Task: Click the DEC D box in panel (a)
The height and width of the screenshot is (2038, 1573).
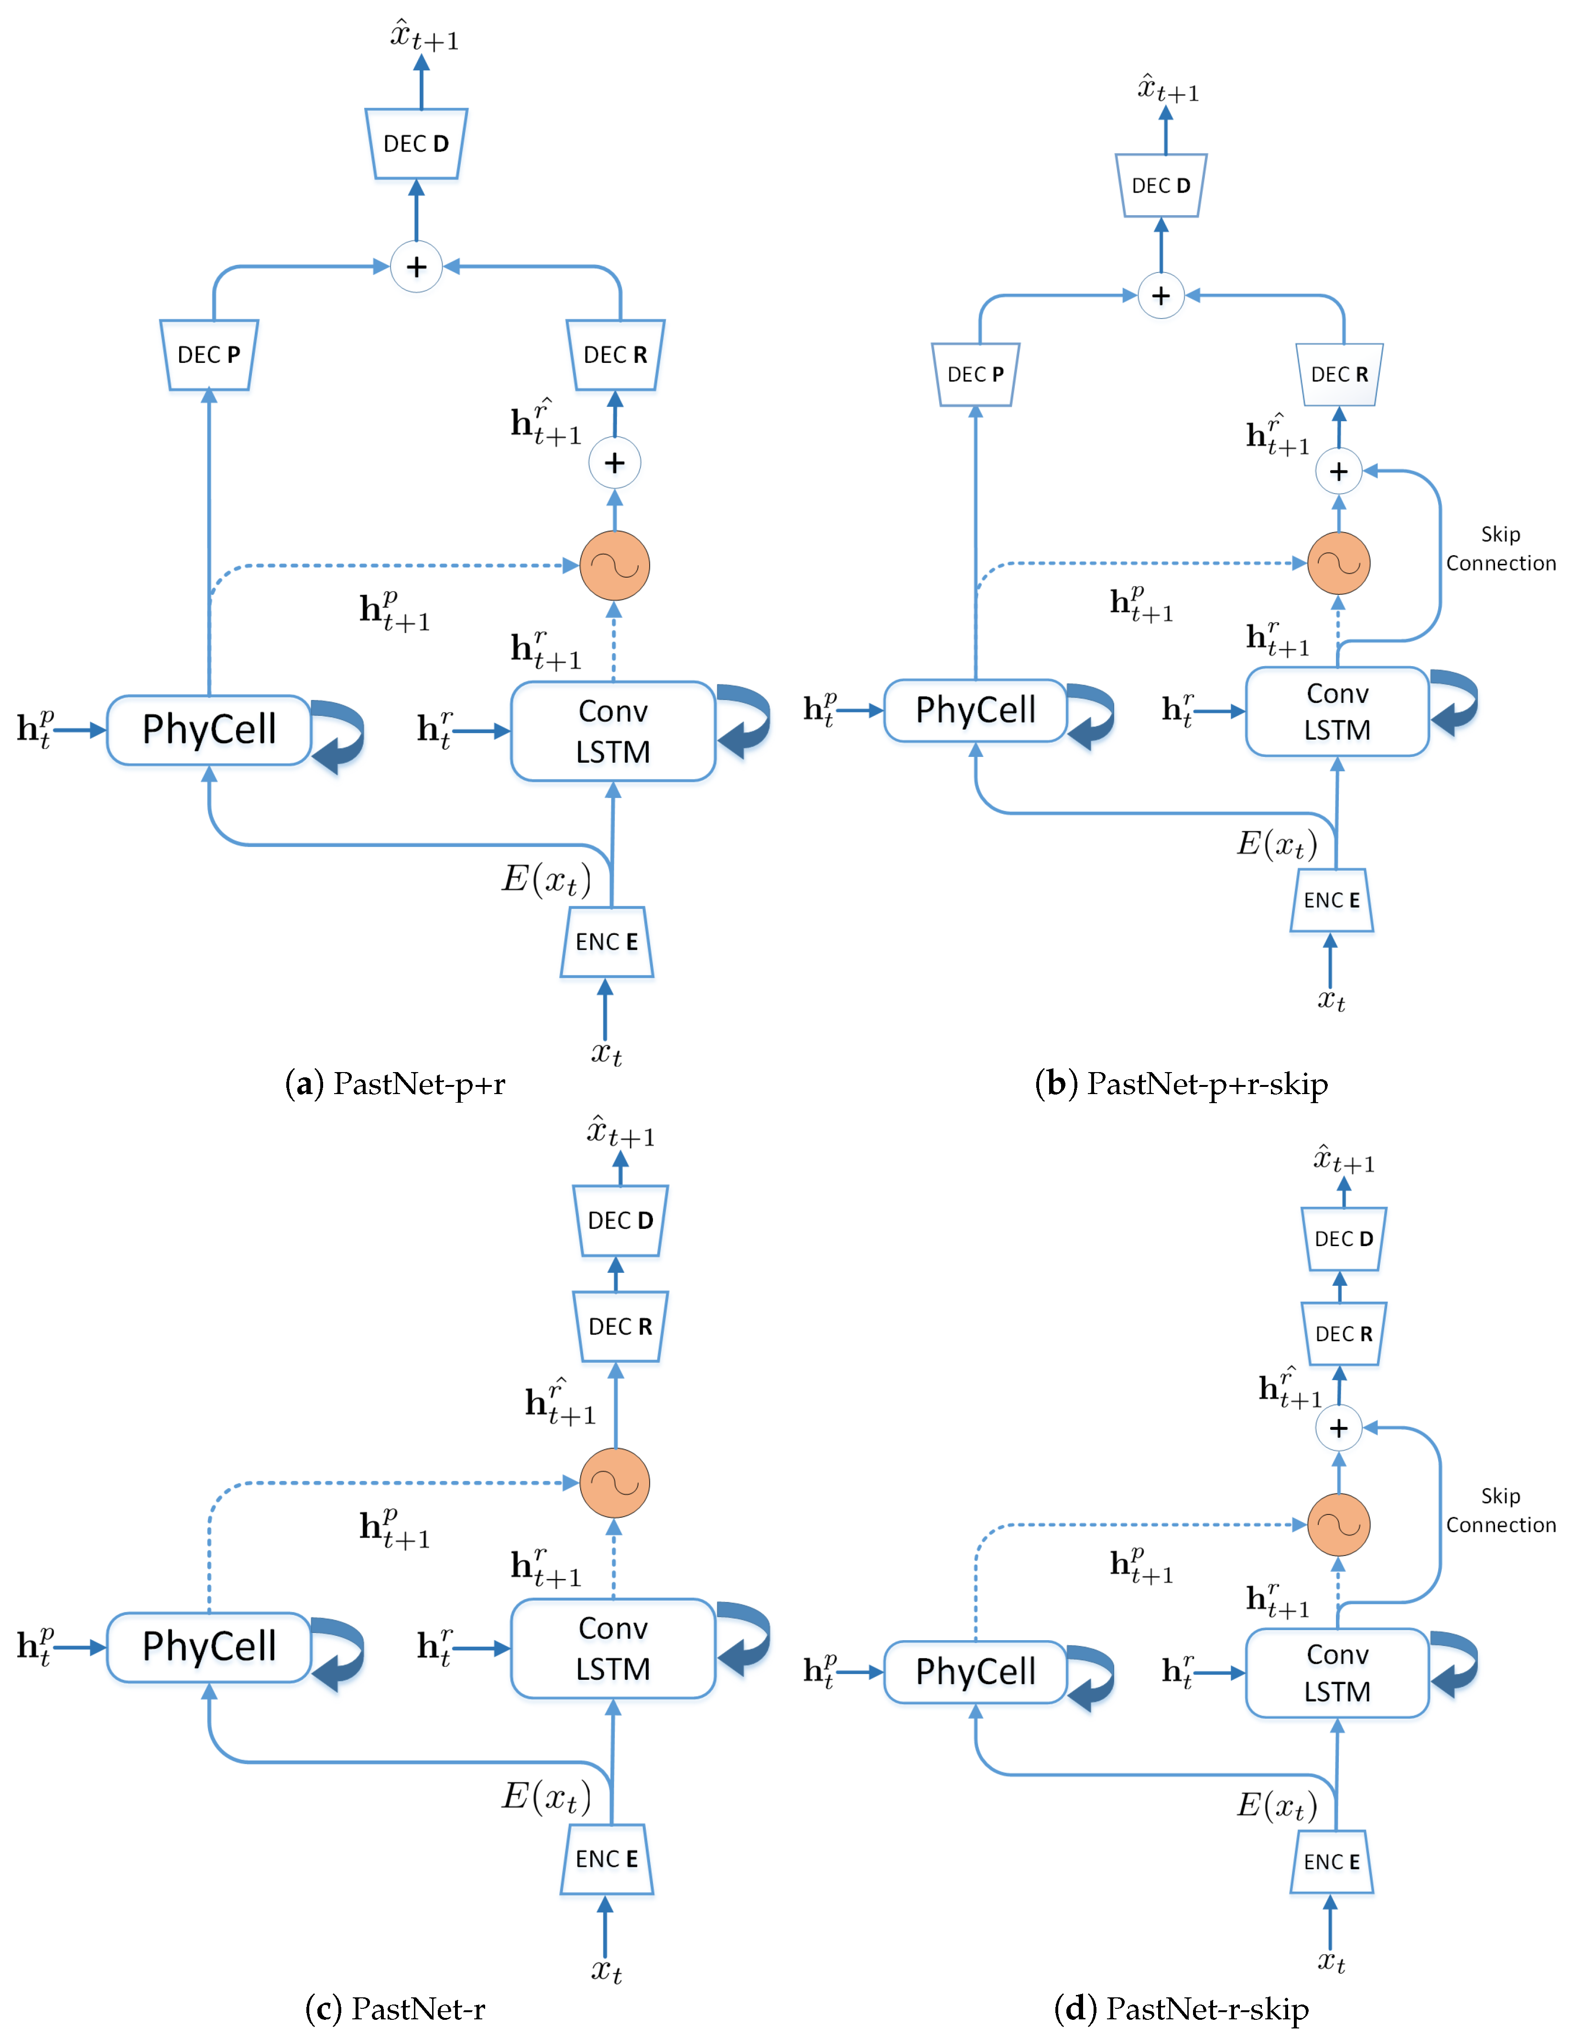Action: [416, 144]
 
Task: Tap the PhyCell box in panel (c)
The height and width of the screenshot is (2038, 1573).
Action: [209, 1646]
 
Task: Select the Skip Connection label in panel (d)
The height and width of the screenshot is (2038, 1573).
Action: [1500, 1510]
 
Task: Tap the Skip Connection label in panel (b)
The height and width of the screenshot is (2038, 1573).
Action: [1500, 548]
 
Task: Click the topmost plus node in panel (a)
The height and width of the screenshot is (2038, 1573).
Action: [416, 267]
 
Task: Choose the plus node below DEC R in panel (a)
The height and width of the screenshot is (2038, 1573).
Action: [614, 463]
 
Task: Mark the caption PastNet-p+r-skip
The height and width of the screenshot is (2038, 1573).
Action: [1181, 1084]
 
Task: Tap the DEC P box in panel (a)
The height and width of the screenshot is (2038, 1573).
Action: [209, 355]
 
